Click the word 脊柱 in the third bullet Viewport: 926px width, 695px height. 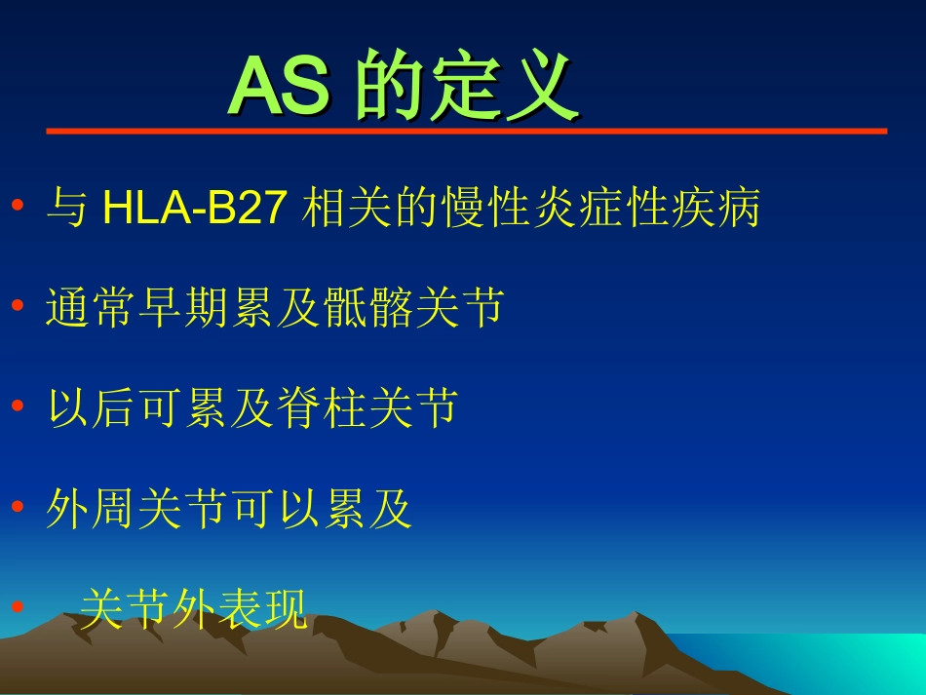pos(319,409)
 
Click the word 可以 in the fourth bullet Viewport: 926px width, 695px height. pos(274,510)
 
